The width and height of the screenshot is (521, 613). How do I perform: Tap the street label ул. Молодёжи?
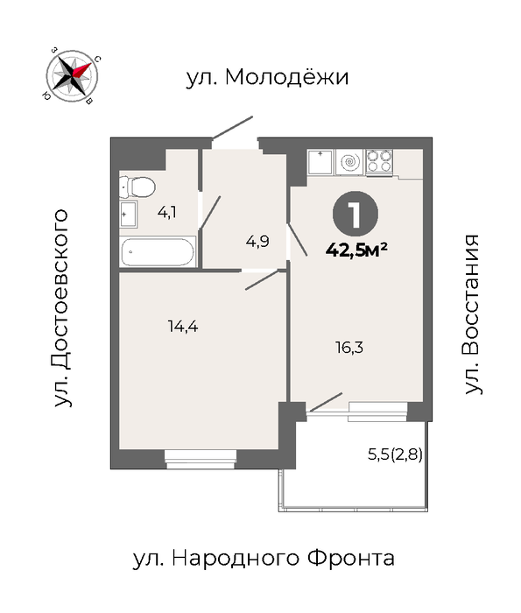(x=267, y=77)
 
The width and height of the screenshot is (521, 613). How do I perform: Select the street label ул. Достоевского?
(x=62, y=308)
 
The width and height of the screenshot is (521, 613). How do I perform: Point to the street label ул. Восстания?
(x=472, y=314)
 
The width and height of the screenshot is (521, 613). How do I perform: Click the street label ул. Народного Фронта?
(x=264, y=559)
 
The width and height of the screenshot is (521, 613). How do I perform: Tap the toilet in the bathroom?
(x=137, y=187)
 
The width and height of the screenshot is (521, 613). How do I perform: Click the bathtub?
(x=157, y=252)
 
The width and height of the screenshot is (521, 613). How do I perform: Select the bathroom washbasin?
(x=128, y=215)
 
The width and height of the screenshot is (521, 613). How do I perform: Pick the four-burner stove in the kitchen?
(x=379, y=162)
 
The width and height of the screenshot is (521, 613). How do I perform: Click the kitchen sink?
(x=320, y=161)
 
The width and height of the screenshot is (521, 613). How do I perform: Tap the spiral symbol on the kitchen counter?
(x=349, y=162)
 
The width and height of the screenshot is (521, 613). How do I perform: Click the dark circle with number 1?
(x=356, y=214)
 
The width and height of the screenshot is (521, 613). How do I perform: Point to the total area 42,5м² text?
(x=356, y=250)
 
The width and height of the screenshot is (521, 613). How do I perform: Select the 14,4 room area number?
(x=183, y=326)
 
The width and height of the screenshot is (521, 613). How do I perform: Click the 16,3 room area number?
(x=349, y=347)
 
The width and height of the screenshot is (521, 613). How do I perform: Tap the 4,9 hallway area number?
(x=257, y=242)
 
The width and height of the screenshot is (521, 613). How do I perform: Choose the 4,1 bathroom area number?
(x=167, y=212)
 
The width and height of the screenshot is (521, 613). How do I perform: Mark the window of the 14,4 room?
(x=201, y=459)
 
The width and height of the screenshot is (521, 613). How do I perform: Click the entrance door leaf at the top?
(x=232, y=128)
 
